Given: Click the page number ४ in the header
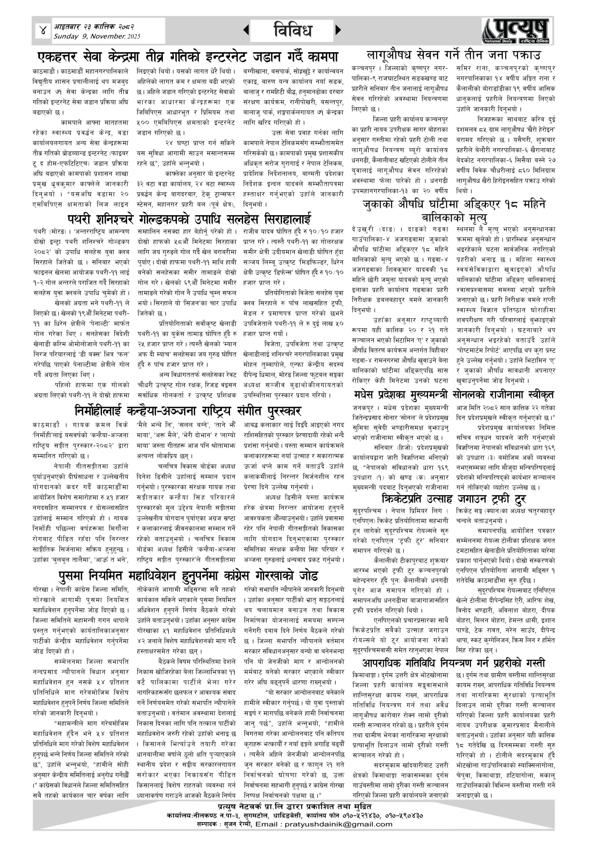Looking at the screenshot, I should click(43, 31).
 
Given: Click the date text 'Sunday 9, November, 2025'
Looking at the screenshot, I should click(97, 36).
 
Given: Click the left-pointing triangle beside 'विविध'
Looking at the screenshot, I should click(246, 30).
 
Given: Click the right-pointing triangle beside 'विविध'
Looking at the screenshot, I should click(338, 30).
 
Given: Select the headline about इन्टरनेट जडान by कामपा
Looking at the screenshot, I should click(188, 57).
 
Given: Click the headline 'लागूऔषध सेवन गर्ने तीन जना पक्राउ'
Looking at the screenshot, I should click(454, 55).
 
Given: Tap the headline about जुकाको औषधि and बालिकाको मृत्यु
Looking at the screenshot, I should click(454, 211).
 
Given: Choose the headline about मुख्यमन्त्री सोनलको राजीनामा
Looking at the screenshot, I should click(454, 395).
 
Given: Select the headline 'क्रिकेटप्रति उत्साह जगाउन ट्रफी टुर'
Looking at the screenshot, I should click(454, 499).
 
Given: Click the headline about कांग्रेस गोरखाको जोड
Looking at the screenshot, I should click(188, 576).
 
